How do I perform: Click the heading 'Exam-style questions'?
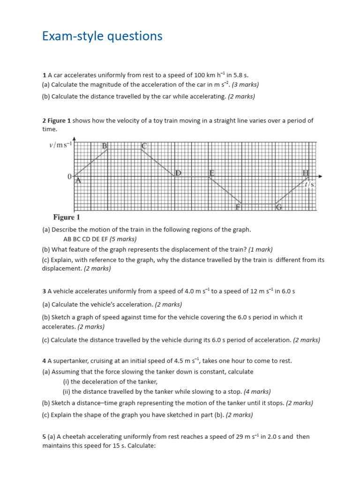(102, 36)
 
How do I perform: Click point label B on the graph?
(105, 146)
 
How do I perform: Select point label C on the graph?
(144, 146)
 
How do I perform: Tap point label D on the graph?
(178, 173)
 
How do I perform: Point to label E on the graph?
(212, 173)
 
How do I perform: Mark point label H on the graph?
(306, 173)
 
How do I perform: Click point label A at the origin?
(78, 180)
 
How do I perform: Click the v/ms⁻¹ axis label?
(60, 145)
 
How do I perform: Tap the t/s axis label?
(309, 185)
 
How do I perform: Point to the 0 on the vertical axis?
(69, 177)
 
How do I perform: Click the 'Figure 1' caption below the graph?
(67, 217)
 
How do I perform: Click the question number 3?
(44, 292)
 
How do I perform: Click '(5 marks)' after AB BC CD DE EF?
(123, 239)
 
